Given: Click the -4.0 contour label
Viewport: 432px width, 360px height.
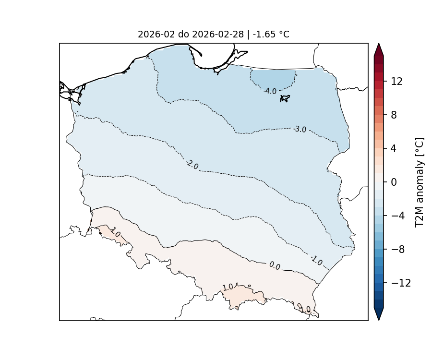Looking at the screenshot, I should click(270, 91).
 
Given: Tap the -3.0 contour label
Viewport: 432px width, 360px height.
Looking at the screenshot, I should click(300, 129).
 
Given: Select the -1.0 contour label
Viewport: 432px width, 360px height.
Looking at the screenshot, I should click(316, 261).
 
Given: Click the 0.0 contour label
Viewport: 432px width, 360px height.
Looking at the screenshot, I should click(275, 265).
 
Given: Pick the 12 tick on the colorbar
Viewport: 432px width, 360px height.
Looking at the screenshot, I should click(396, 82).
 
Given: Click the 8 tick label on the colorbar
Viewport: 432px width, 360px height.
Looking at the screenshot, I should click(394, 115).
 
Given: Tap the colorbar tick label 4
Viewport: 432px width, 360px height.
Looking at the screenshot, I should click(394, 149).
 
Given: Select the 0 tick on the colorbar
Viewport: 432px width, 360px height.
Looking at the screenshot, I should click(394, 182).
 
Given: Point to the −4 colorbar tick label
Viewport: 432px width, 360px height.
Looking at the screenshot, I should click(396, 216).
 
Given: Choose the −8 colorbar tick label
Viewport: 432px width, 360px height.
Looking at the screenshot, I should click(396, 250).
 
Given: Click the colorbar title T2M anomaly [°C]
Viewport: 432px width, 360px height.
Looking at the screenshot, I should click(420, 182).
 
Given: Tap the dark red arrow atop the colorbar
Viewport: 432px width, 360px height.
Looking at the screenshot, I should click(379, 49).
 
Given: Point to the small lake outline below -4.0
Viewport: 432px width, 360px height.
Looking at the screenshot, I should click(285, 98).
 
